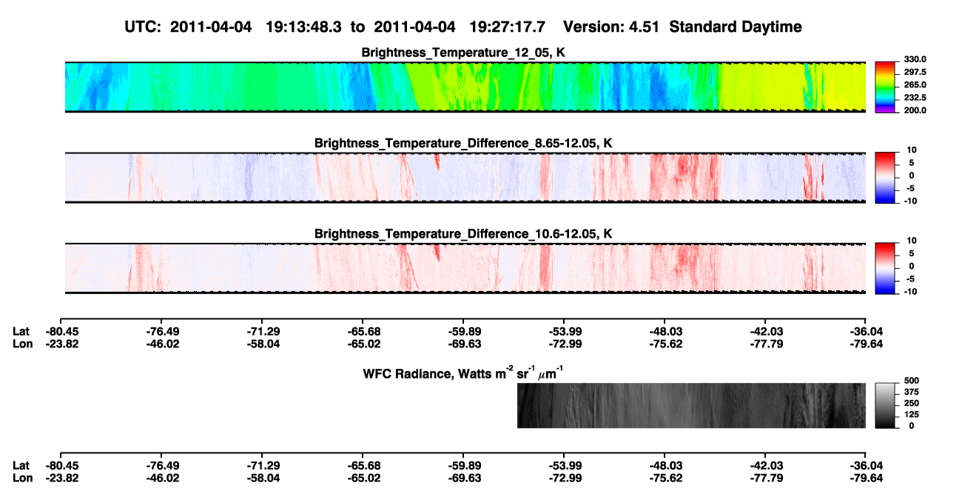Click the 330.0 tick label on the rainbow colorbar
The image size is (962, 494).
[915, 59]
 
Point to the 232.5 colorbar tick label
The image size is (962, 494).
[915, 98]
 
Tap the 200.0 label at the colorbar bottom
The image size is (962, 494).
[915, 110]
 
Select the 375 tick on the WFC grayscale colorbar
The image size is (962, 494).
[911, 392]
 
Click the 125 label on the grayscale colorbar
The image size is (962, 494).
[911, 415]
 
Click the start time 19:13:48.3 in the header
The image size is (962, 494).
[303, 27]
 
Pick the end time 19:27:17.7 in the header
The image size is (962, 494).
[507, 27]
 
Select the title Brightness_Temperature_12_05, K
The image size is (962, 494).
[463, 53]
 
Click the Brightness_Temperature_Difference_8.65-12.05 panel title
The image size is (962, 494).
[463, 144]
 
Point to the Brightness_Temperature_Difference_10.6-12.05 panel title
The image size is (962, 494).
[463, 234]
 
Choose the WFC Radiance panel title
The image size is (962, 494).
[463, 373]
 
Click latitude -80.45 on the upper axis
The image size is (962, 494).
[62, 332]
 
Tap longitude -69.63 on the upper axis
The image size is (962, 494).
[465, 344]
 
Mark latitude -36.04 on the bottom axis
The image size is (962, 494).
[867, 466]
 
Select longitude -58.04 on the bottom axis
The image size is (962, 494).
[263, 478]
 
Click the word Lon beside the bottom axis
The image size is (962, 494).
[22, 478]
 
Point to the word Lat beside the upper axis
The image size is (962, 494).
[21, 332]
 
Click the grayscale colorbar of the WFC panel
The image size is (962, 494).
[885, 405]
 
